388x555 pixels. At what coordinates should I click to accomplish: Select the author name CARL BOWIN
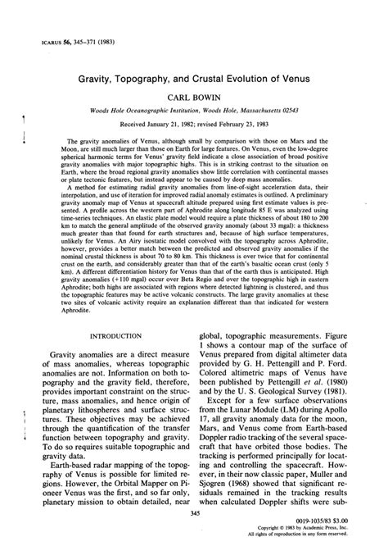pyautogui.click(x=194, y=95)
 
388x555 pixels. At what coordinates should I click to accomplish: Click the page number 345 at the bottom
pyautogui.click(x=194, y=535)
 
